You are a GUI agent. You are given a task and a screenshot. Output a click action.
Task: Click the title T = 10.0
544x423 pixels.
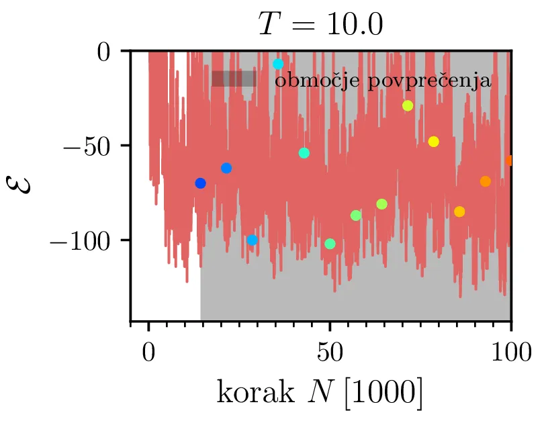(x=320, y=25)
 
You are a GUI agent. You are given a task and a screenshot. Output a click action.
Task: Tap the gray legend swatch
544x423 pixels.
(x=233, y=79)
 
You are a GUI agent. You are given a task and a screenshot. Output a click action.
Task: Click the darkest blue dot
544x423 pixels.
(x=200, y=183)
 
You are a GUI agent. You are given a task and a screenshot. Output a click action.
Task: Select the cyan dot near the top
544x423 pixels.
(x=278, y=64)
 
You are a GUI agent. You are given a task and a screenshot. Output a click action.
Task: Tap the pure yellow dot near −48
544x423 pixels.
(x=433, y=142)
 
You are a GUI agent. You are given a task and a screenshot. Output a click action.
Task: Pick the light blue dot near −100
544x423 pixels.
(x=252, y=240)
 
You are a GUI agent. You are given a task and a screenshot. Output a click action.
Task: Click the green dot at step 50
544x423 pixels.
(x=330, y=244)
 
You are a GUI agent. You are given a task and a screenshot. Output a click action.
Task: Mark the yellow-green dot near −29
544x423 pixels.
(x=408, y=105)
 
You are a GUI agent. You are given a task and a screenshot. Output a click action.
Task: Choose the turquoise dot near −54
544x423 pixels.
(x=304, y=153)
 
